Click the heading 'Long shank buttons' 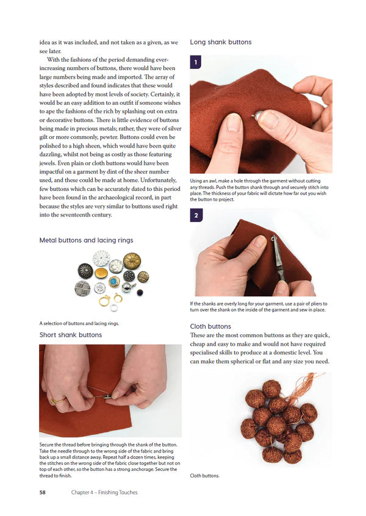click(221, 42)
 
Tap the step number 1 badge click(195, 62)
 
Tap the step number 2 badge click(195, 215)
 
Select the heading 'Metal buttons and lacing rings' click(86, 240)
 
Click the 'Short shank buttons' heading click(71, 335)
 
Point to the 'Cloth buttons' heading click(210, 326)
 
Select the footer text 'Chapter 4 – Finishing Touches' click(104, 492)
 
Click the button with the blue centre click(114, 281)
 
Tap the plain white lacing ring click(113, 307)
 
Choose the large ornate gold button click(132, 262)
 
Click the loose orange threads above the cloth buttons click(306, 390)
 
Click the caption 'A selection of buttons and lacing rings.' click(79, 323)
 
